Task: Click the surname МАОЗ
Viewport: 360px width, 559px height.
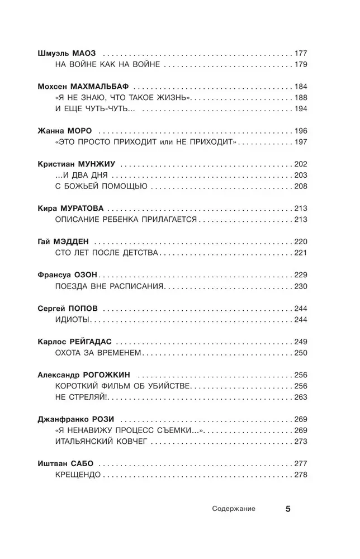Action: point(85,54)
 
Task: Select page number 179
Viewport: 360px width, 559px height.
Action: point(301,65)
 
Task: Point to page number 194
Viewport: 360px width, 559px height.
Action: point(301,108)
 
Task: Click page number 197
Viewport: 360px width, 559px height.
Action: point(301,142)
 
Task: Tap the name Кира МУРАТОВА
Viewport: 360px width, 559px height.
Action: point(70,208)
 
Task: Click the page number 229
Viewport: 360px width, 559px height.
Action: point(301,274)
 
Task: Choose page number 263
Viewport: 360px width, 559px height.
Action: point(301,396)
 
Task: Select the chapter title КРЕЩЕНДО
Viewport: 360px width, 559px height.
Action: point(78,475)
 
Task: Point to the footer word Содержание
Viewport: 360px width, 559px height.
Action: point(234,509)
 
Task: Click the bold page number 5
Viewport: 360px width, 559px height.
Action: point(288,509)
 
